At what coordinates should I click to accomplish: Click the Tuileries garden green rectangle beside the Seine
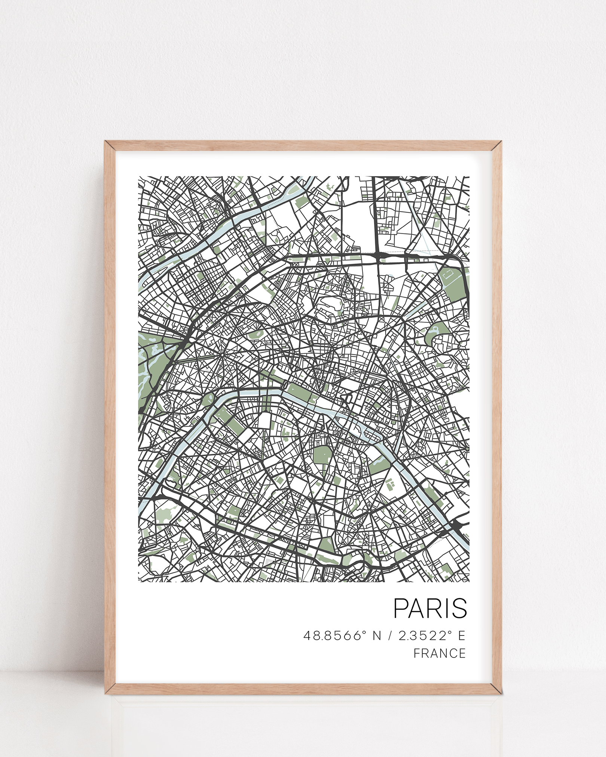299,395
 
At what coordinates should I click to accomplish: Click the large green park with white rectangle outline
452,280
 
